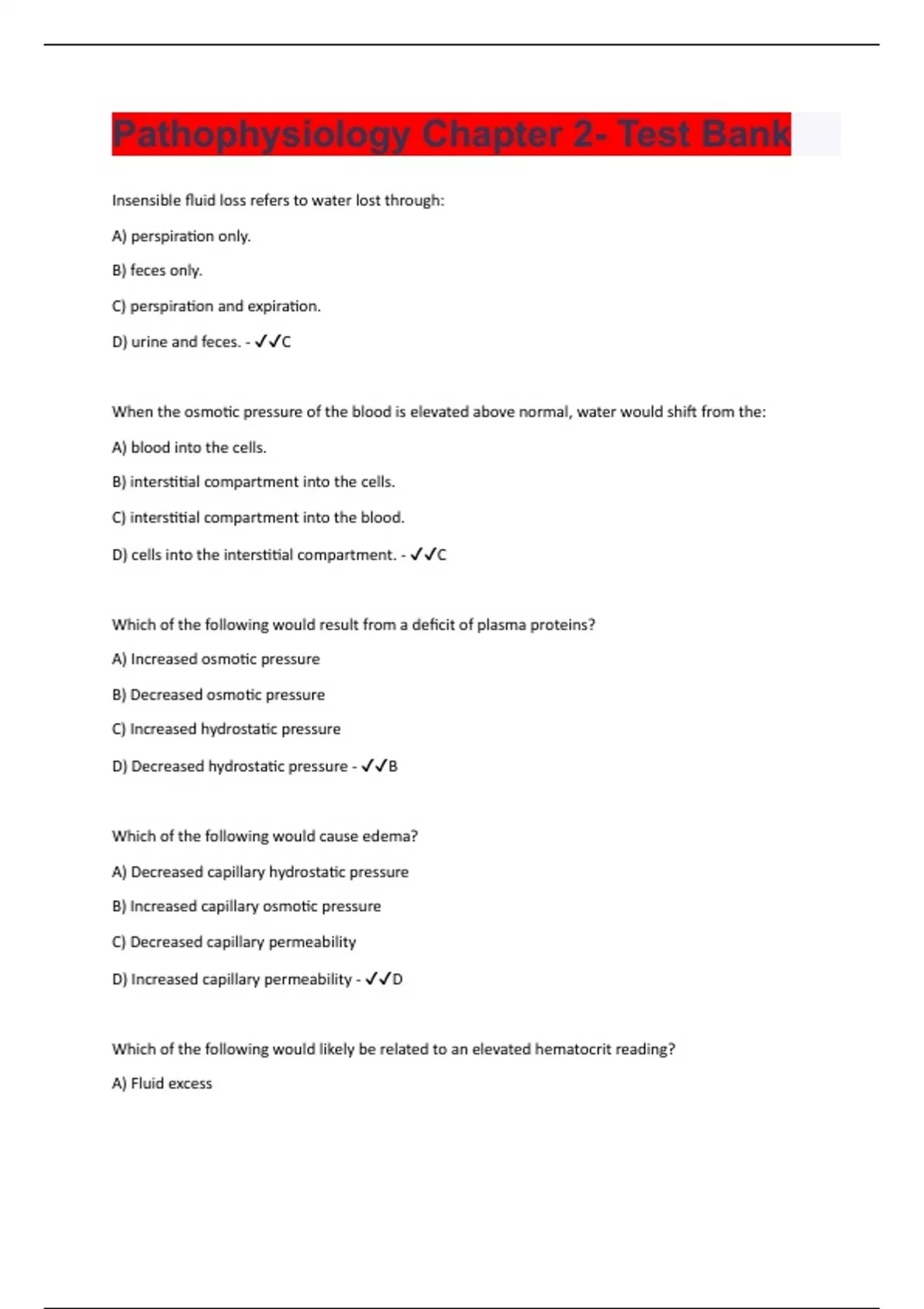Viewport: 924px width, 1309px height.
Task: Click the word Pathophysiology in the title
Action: [x=260, y=135]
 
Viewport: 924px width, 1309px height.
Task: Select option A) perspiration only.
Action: [x=181, y=236]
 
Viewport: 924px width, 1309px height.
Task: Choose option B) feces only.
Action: [x=157, y=270]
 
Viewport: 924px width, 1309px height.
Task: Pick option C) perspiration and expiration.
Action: [x=216, y=306]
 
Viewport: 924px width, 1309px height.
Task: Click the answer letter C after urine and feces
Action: [x=286, y=342]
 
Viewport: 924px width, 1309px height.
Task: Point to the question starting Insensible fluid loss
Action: [x=278, y=201]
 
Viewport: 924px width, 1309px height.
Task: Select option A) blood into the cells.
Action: [x=189, y=447]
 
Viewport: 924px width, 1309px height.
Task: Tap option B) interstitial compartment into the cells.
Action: [x=253, y=482]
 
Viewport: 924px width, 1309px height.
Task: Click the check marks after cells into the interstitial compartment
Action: [x=423, y=554]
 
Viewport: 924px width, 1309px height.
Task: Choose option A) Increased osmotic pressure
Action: [x=216, y=659]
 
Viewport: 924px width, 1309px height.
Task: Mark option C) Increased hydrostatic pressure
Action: [x=226, y=729]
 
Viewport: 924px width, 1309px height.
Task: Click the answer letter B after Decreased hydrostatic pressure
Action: [x=393, y=766]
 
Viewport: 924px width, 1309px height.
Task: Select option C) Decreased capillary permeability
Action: [x=233, y=942]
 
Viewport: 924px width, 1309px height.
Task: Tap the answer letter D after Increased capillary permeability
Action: [x=397, y=979]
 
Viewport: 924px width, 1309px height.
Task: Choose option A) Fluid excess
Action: [x=162, y=1083]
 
